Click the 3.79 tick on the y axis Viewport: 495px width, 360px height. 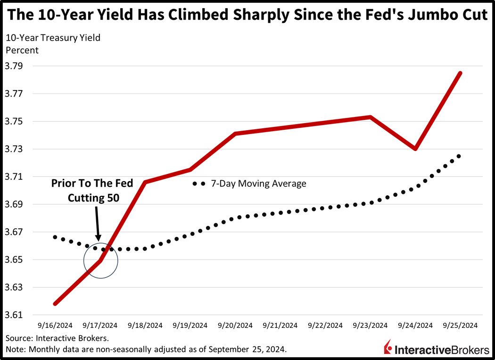[16, 66]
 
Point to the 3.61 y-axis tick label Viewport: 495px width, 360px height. [16, 315]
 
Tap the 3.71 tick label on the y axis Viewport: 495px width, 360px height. [16, 177]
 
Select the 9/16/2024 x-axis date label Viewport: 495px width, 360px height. [56, 326]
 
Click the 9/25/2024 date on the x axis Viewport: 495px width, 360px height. [460, 326]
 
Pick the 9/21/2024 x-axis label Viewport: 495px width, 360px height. [280, 326]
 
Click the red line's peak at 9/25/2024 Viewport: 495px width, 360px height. [460, 73]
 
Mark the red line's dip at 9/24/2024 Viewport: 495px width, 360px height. [415, 149]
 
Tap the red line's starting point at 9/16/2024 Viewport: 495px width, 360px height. [56, 304]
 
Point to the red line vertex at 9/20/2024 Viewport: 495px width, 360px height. [235, 134]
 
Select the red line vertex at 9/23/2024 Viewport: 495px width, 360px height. [370, 117]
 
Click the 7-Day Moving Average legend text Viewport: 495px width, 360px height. [258, 184]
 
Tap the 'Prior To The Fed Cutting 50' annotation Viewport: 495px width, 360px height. [92, 190]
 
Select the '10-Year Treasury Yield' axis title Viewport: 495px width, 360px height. [53, 38]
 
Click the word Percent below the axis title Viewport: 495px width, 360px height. [22, 49]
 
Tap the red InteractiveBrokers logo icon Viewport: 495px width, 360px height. [388, 347]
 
